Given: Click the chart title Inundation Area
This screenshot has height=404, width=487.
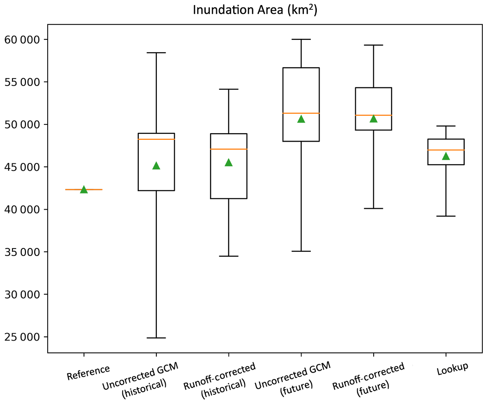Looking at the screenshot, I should coord(255,10).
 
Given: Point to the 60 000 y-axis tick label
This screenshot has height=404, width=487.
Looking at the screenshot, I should coord(21,40).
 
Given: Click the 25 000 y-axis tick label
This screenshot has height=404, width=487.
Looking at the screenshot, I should coord(21,337).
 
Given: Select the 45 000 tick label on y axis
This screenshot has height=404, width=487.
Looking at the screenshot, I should coord(21,167).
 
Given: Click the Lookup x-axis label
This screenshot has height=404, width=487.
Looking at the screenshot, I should coord(452,368).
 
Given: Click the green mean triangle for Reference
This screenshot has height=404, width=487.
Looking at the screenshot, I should coord(84,189).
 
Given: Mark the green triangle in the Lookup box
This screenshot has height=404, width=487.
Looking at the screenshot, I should coord(446,156).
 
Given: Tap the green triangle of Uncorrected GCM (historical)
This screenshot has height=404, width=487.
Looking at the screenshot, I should coord(156,166).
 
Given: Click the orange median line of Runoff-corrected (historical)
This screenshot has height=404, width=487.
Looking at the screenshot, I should coord(228,149).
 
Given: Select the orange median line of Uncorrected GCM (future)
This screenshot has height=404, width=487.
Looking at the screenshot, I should coord(301,113).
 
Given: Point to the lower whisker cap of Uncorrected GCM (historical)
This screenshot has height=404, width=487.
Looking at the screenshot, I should coord(156,338).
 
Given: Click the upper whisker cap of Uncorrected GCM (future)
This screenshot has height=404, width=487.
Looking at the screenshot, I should coord(301,39).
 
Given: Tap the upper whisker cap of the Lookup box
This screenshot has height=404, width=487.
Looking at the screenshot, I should coord(446,126).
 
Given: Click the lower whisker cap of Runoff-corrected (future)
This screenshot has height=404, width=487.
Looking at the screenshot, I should coord(373,209).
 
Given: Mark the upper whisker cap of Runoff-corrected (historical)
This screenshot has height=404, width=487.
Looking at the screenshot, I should coord(228,89).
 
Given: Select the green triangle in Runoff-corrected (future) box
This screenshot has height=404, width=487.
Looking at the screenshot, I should coord(373,118).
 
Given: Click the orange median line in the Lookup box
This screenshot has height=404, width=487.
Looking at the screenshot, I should coord(446,150).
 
